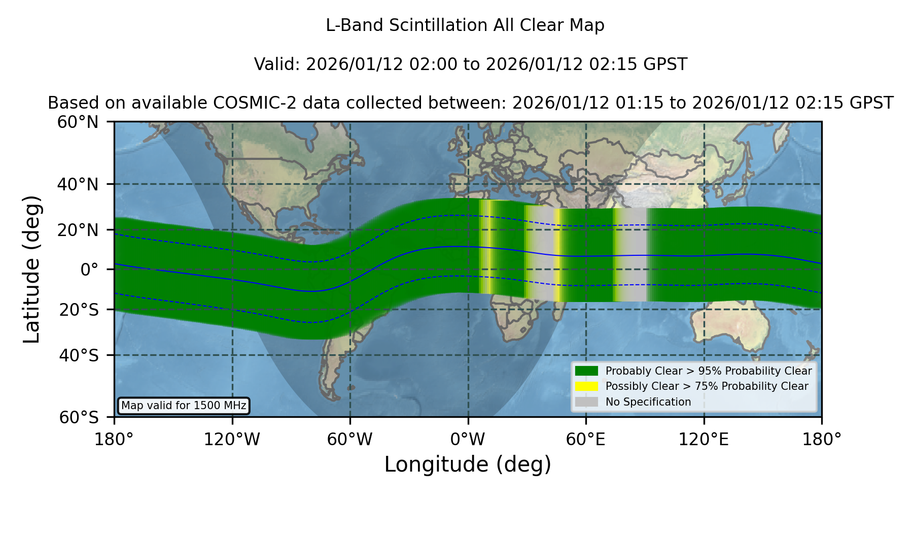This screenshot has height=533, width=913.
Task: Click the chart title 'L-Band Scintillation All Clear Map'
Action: [x=465, y=25]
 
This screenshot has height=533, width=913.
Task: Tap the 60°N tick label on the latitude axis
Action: [x=78, y=122]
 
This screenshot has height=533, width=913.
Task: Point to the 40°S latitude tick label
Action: [x=79, y=355]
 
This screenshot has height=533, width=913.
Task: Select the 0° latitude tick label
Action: [x=89, y=270]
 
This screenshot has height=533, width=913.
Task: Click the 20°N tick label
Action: [x=78, y=230]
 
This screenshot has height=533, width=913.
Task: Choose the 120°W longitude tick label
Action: [x=232, y=440]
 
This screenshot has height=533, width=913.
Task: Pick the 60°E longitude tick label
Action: [x=585, y=440]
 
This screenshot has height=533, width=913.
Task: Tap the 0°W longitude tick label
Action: [x=468, y=440]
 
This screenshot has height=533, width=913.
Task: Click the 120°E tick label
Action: [x=704, y=440]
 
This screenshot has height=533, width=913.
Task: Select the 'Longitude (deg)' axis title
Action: [x=468, y=464]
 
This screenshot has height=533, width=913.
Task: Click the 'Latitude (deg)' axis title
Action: [x=32, y=269]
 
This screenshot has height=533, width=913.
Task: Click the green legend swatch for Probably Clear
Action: [x=586, y=371]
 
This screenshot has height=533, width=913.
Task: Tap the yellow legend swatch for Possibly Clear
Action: [x=586, y=386]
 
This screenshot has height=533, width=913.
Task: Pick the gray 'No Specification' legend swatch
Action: [x=586, y=402]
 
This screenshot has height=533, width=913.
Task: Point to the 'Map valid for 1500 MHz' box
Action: [x=184, y=406]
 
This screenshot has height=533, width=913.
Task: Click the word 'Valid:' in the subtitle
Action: [x=277, y=64]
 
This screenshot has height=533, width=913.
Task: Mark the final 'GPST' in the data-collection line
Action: [x=872, y=103]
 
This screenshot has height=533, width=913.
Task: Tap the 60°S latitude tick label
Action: [x=79, y=418]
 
